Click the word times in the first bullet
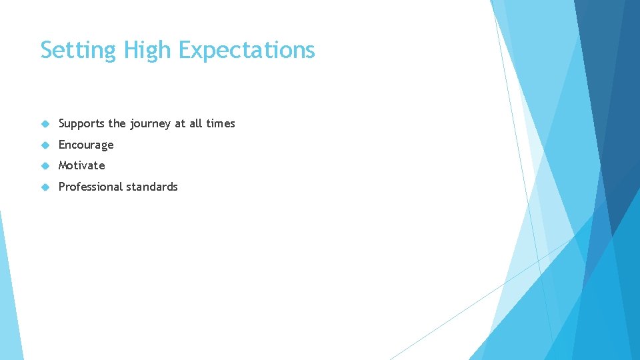coord(221,123)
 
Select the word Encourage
coord(86,145)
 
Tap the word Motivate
coord(81,165)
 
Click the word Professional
coord(91,187)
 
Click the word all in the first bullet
coord(196,123)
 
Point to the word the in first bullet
coord(117,123)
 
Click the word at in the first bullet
coord(180,123)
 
